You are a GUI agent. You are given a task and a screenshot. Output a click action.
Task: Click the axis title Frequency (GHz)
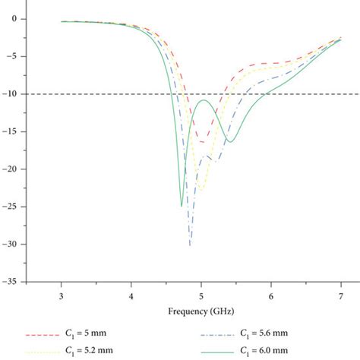(x=201, y=310)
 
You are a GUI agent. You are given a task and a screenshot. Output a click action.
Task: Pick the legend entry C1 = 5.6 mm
(x=258, y=333)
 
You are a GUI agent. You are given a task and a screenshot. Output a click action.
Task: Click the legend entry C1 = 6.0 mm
(x=258, y=350)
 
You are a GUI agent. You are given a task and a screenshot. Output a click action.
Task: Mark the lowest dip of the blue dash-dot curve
(x=190, y=245)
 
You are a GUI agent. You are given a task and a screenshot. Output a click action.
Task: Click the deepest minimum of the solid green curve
(x=181, y=206)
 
